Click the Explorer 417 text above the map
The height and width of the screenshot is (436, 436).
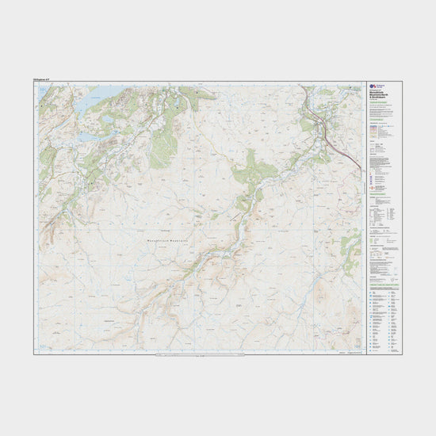pyautogui.click(x=44, y=78)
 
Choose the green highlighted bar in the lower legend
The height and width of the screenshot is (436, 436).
pyautogui.click(x=385, y=284)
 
